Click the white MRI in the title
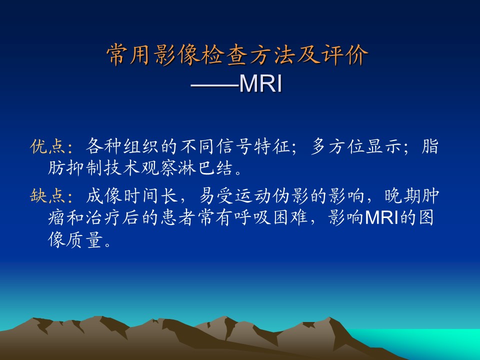(260, 83)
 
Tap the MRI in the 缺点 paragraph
(381, 217)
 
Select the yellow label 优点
(48, 146)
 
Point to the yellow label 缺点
(48, 195)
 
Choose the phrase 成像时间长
(132, 195)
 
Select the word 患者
(178, 217)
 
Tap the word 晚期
(402, 195)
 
